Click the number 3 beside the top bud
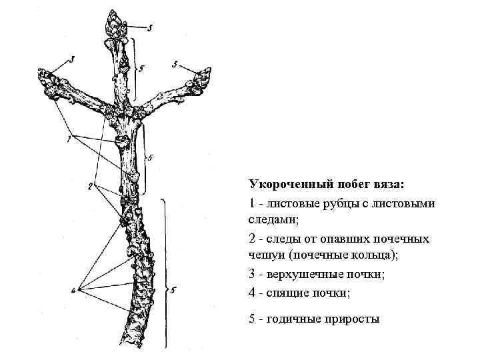[150, 27]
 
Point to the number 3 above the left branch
[72, 61]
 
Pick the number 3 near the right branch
[175, 64]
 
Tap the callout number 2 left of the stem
[90, 187]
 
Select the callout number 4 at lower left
[79, 289]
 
